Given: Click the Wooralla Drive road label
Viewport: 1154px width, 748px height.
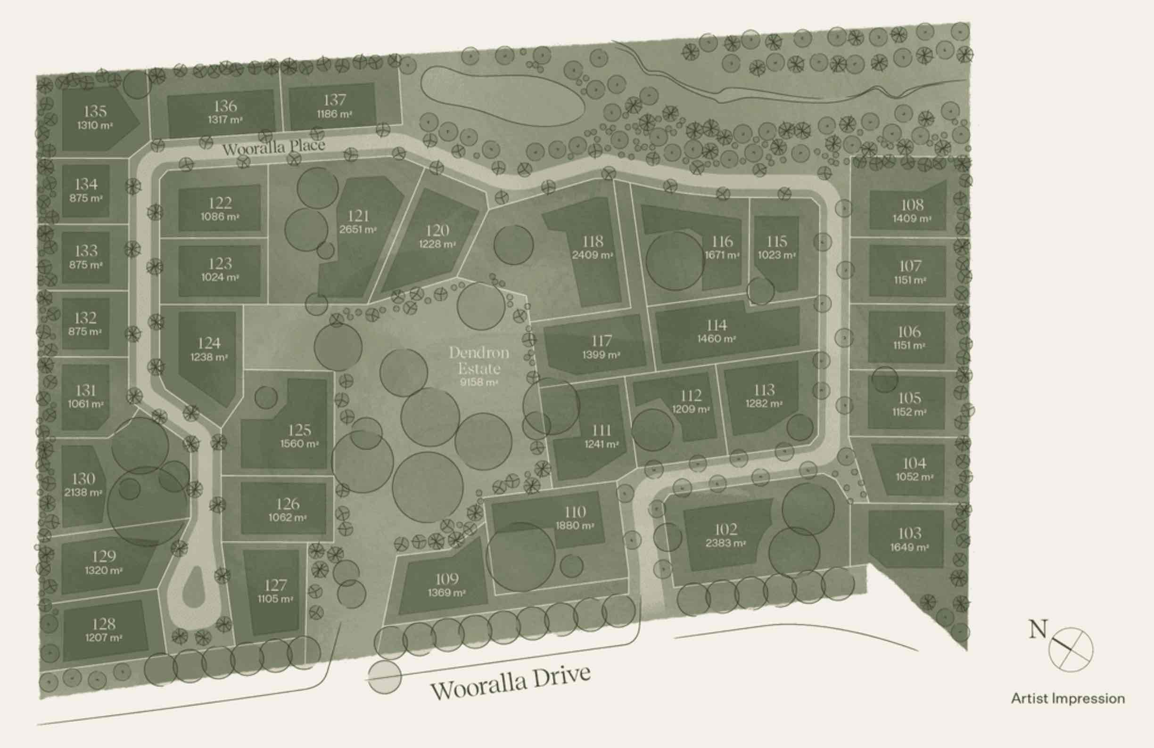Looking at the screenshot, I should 510,683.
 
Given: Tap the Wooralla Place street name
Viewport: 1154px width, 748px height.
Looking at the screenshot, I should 273,146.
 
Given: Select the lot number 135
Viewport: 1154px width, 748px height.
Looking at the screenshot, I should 95,111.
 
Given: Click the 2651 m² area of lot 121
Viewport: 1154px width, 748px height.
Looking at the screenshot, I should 358,229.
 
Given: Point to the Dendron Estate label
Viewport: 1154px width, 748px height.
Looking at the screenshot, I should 478,360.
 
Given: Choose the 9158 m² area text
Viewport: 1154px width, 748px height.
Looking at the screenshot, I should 478,382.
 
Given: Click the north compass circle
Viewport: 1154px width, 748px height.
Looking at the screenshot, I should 1071,649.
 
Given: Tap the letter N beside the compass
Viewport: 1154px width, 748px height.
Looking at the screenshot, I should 1038,629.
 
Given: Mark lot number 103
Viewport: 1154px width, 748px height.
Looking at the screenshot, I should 910,533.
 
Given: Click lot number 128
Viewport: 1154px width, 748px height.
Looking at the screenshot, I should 104,624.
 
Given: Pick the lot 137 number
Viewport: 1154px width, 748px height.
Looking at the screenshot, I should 335,100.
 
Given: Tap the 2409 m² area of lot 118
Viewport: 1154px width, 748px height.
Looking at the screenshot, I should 593,255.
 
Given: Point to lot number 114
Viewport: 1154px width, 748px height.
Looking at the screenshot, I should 717,325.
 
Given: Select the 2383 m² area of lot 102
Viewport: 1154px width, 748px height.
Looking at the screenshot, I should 725,543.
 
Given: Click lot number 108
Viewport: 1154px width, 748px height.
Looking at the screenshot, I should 912,204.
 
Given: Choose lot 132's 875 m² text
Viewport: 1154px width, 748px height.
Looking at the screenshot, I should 85,332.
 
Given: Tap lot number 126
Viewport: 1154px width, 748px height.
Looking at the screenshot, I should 288,504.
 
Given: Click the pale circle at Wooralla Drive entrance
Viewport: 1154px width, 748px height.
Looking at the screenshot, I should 385,676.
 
